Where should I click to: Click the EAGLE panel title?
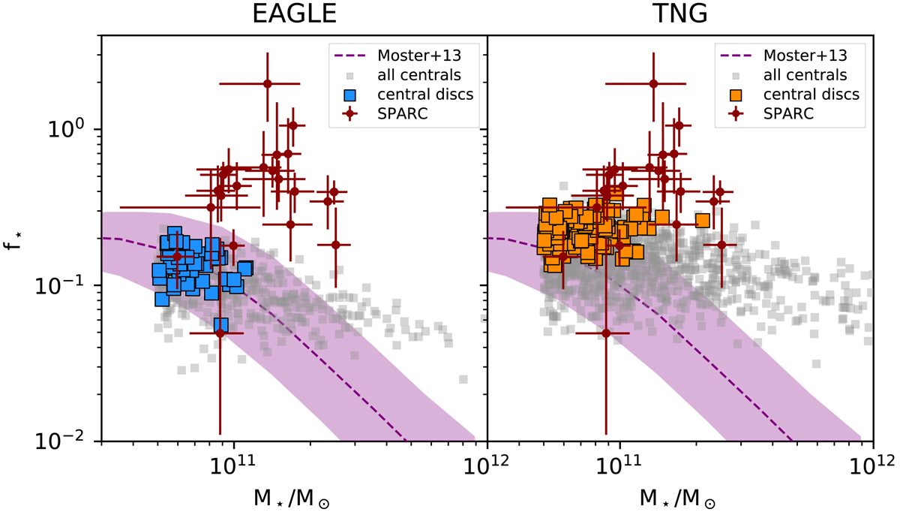[x=293, y=16]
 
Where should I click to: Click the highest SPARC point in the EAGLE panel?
[x=267, y=84]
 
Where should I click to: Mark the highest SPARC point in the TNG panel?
[x=654, y=84]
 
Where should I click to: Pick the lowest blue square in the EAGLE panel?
[x=221, y=325]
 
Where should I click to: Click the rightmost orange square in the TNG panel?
[x=702, y=220]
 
